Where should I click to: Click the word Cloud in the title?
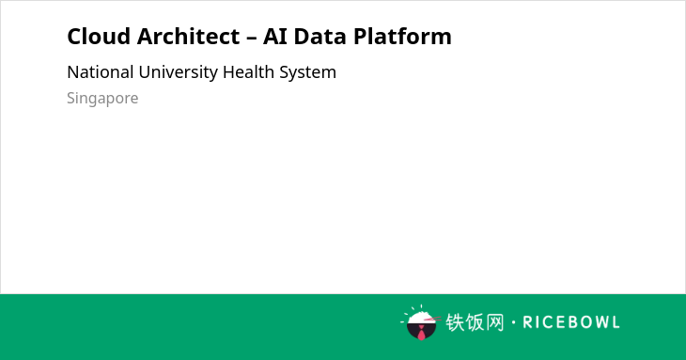(99, 36)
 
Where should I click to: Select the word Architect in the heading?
(189, 36)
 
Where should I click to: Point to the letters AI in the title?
(275, 36)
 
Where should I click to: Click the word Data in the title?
(320, 36)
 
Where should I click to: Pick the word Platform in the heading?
(402, 36)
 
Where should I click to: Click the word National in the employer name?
(101, 72)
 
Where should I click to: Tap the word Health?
(248, 72)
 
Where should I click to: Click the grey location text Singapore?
(102, 99)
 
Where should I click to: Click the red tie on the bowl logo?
(421, 334)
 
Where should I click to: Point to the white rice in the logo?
(421, 317)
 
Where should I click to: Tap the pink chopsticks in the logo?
(432, 320)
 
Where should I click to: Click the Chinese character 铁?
(455, 322)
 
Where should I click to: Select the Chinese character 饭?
(476, 322)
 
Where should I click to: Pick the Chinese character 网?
(495, 322)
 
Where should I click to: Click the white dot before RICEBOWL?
(513, 322)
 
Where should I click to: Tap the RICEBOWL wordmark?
(571, 322)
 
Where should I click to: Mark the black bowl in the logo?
(421, 331)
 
